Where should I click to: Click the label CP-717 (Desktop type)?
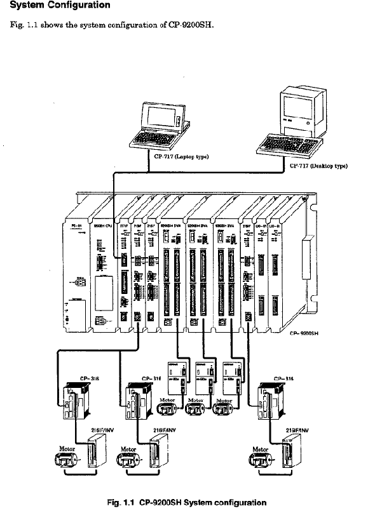coord(321,166)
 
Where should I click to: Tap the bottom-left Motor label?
coord(67,448)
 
